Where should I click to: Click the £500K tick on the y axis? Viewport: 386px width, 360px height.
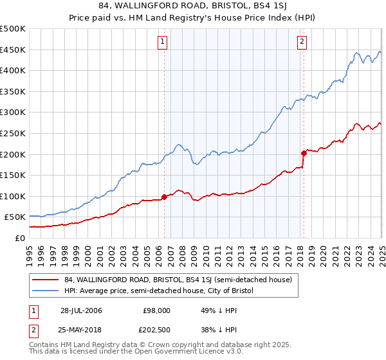tap(13, 29)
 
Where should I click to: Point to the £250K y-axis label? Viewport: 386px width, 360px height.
tap(13, 133)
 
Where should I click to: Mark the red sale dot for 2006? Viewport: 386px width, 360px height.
tap(165, 197)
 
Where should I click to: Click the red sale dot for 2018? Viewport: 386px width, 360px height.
tap(304, 153)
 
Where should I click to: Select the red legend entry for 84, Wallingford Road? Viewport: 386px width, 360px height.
tap(178, 280)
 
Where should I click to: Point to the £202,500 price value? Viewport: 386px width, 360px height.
tap(158, 330)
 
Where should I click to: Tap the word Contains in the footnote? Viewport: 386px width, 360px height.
tap(45, 345)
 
